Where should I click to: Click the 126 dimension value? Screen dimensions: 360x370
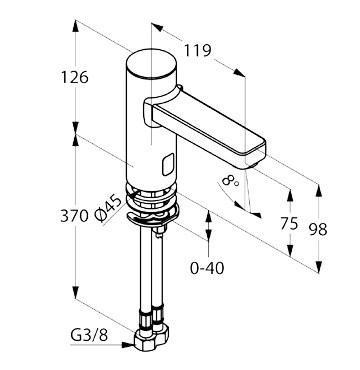75,77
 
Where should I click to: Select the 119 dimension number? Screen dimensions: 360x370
198,51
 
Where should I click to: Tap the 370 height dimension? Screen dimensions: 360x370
74,216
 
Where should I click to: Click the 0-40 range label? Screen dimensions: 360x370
207,268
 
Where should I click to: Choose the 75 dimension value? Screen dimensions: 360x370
289,223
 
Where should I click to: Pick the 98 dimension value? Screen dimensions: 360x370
318,229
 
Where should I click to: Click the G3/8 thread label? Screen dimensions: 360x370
89,336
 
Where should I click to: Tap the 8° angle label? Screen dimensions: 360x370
230,182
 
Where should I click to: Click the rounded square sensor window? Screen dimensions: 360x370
168,164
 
